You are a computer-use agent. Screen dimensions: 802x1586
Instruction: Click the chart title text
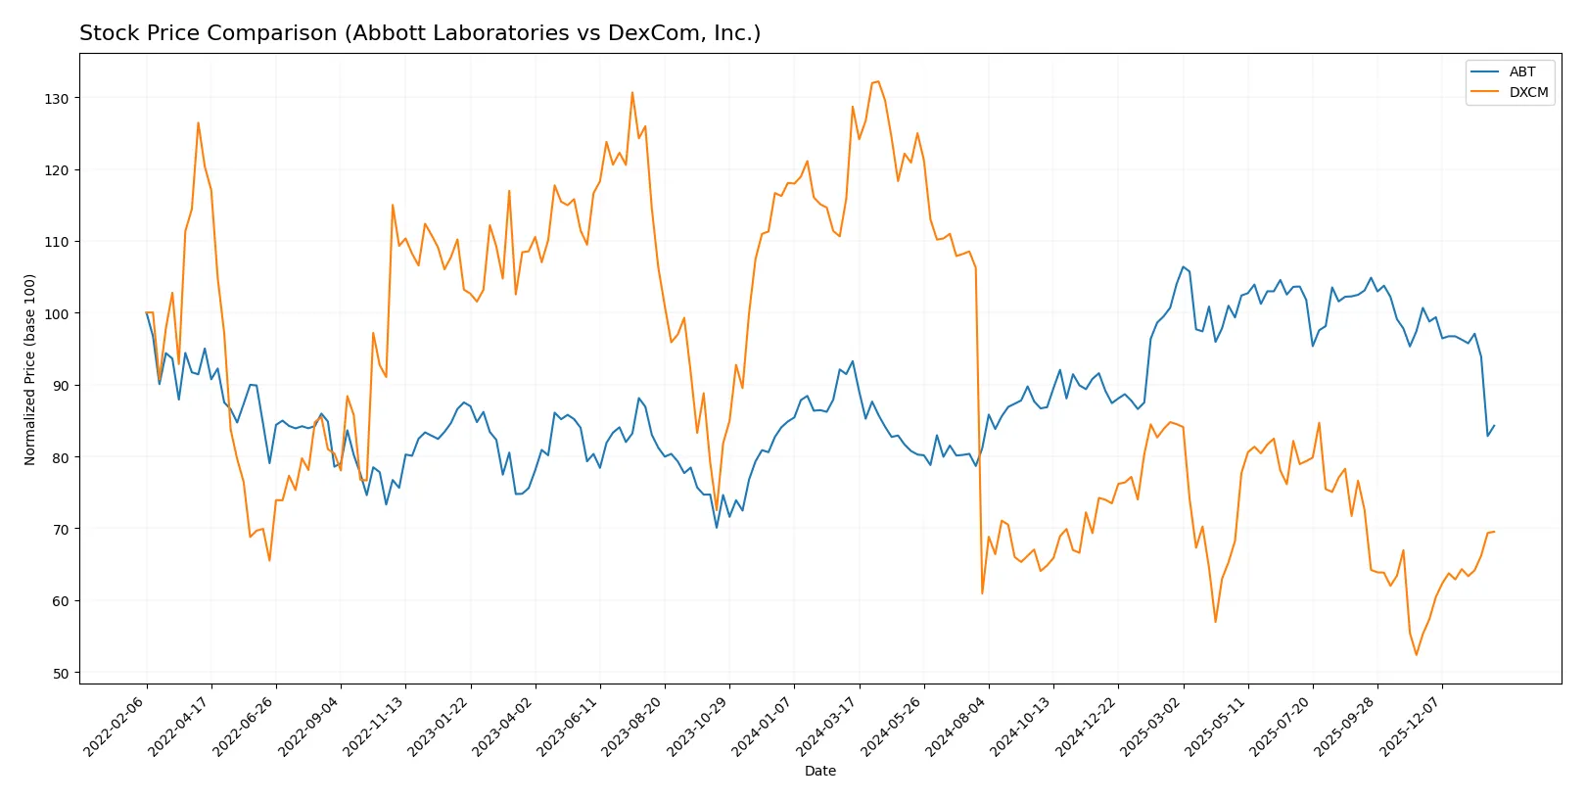420,33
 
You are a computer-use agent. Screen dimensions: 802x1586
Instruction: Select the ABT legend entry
1521,71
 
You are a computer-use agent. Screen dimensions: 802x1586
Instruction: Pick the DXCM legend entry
1528,93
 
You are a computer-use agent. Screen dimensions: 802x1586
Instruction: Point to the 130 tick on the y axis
57,99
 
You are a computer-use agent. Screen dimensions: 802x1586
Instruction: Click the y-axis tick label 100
57,314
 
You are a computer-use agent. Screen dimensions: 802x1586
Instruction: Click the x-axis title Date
820,772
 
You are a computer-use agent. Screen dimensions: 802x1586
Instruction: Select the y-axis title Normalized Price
30,369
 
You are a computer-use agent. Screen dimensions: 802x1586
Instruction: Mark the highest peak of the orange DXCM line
878,81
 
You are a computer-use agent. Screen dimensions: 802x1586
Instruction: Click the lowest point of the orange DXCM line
1416,655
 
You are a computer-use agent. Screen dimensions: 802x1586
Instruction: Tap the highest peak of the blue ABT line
1183,266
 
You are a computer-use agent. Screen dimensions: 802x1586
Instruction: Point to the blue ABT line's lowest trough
717,528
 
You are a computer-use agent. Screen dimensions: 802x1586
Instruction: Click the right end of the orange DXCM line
1494,532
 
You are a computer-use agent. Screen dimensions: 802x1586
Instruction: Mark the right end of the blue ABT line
1494,426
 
